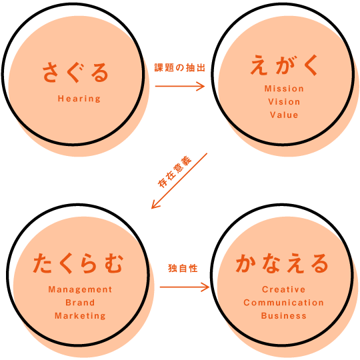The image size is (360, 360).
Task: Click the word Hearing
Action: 79,99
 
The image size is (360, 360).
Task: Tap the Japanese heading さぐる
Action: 75,73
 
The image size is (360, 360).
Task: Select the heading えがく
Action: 284,65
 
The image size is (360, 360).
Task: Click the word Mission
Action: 284,89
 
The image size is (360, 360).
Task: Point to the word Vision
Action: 284,102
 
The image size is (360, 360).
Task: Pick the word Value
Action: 284,115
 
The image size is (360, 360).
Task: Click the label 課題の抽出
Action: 179,67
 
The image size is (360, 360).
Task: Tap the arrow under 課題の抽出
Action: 180,86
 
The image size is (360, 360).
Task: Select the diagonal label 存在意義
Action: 175,172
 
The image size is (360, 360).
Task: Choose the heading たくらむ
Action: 79,263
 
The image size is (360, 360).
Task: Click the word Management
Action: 80,289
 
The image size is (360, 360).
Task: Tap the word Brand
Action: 80,303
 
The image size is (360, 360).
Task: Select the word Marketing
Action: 80,316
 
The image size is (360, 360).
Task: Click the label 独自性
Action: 183,268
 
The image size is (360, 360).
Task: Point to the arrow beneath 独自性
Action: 185,287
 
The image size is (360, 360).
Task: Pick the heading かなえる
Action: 282,263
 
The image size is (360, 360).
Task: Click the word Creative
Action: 284,289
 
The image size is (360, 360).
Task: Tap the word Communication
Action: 284,303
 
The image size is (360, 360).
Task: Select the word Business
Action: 284,316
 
